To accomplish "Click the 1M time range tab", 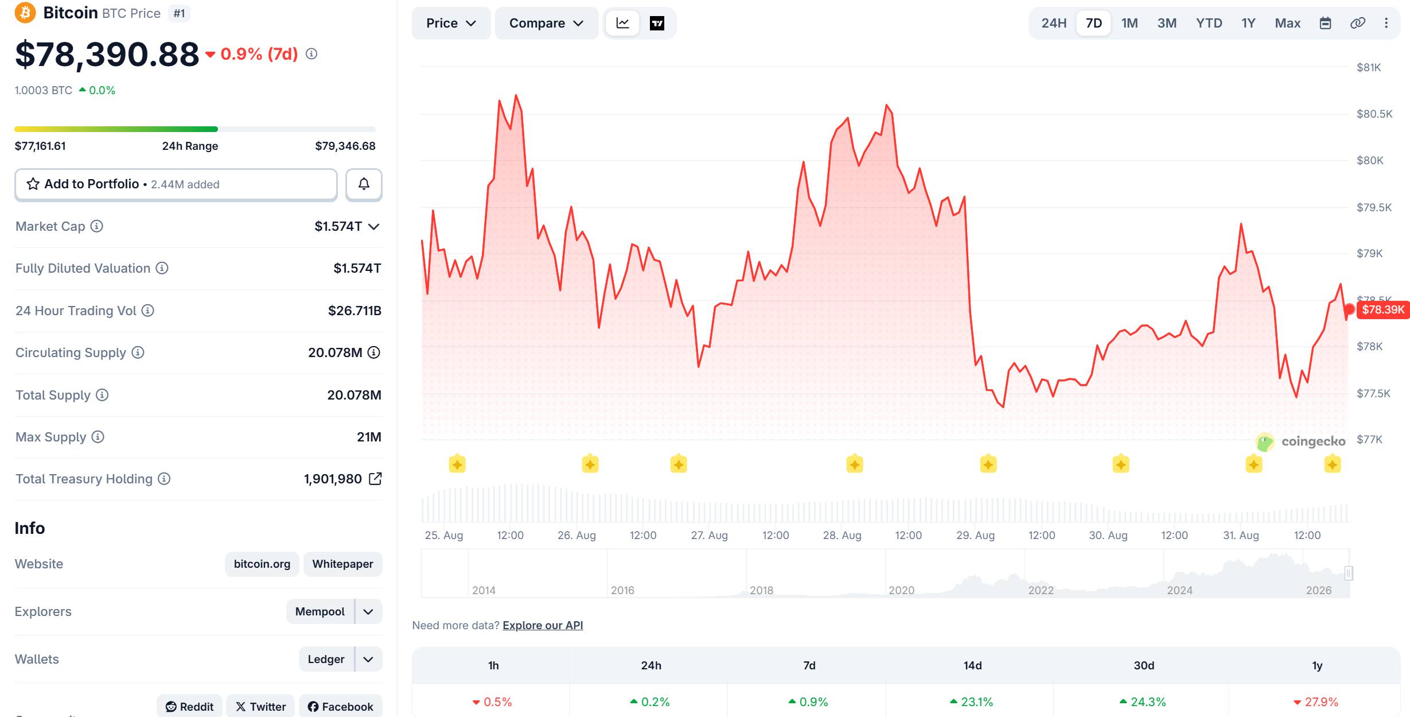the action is tap(1129, 23).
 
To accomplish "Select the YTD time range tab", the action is tap(1209, 23).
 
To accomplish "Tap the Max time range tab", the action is tap(1287, 23).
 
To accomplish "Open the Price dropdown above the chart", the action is tap(451, 23).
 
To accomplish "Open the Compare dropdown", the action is tap(546, 23).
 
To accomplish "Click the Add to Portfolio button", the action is tap(176, 184).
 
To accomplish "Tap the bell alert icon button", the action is tap(364, 184).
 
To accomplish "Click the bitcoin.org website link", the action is tap(262, 564).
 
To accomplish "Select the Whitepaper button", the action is tap(342, 564).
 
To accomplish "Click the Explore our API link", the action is tap(543, 625).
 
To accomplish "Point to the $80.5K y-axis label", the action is tap(1374, 114).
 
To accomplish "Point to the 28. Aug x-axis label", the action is tap(842, 535).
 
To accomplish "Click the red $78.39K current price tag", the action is tap(1383, 310).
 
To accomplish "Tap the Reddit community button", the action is tap(190, 707).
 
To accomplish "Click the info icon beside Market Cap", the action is tap(97, 226).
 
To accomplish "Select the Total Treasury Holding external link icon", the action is tap(375, 479).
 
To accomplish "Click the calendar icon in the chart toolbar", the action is tap(1325, 23).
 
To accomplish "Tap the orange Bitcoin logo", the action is tap(25, 12).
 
